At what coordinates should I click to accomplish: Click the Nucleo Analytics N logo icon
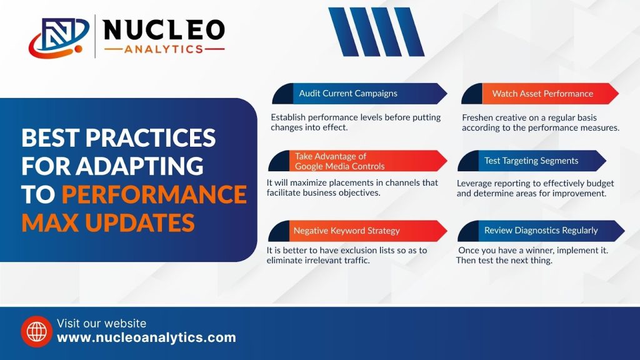[x=59, y=37]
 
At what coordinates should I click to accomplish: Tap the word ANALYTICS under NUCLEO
[x=164, y=49]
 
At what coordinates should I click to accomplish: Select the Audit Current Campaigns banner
[x=359, y=94]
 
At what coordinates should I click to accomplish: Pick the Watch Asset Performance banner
[x=540, y=94]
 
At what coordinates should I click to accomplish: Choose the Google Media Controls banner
[x=357, y=161]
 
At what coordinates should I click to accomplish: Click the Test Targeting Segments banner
[x=532, y=161]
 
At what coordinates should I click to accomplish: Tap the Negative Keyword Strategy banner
[x=357, y=231]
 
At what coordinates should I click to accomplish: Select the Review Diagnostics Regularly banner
[x=541, y=231]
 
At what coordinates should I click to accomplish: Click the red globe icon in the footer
[x=37, y=331]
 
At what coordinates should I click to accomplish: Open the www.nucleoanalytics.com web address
[x=146, y=337]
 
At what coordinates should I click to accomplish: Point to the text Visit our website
[x=101, y=323]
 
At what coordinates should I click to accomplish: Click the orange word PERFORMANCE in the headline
[x=154, y=194]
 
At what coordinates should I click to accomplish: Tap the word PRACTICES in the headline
[x=150, y=137]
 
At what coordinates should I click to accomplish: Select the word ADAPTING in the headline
[x=139, y=166]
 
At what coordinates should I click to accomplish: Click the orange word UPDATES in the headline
[x=139, y=223]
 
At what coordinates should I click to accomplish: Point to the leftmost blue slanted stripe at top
[x=343, y=32]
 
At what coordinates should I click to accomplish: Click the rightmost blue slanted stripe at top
[x=409, y=32]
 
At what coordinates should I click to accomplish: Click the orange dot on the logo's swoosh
[x=78, y=49]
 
